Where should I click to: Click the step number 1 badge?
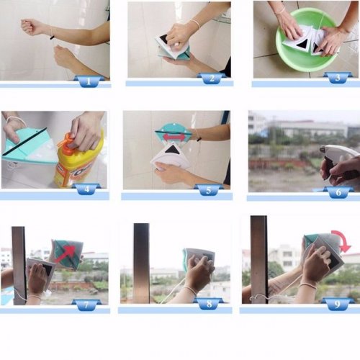89,81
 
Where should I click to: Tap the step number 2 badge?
212,78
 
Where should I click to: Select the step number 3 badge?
338,78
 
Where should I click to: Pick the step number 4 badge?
86,189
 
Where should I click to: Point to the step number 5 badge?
209,190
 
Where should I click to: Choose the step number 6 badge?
338,192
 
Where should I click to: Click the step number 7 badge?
86,305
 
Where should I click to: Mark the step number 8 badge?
210,303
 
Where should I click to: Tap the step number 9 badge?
337,304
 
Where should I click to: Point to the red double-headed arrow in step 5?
174,138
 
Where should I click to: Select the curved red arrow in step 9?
342,240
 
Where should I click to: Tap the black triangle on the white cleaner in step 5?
171,150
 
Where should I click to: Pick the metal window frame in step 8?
141,264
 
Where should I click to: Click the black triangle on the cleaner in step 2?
163,38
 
